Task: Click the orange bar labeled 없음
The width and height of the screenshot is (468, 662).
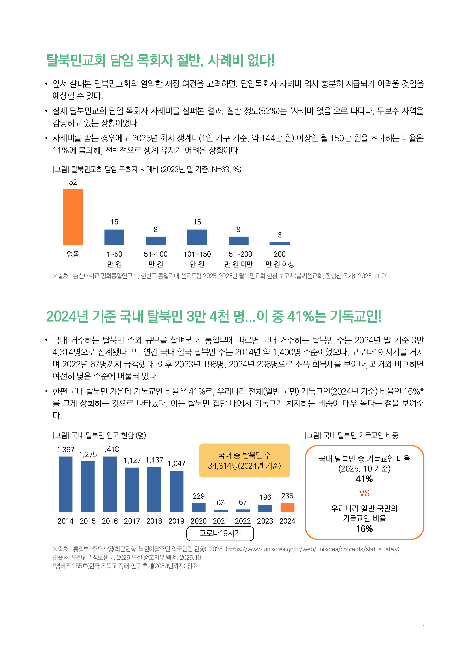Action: tap(73, 217)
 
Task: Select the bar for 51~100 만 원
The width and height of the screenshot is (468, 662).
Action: tap(156, 241)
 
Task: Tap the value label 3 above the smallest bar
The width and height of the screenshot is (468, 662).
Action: tap(279, 235)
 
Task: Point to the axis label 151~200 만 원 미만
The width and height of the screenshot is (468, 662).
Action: tap(238, 259)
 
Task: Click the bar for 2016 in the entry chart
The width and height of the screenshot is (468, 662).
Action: tap(110, 484)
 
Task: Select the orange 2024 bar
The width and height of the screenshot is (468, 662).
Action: tap(287, 507)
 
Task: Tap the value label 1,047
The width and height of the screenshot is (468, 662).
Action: tap(176, 464)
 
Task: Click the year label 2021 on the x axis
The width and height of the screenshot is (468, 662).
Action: tap(221, 521)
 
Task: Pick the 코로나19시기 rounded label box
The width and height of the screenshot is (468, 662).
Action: tap(220, 533)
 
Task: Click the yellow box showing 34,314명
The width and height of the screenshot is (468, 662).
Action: tap(244, 460)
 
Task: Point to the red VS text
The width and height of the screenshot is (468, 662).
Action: tap(364, 493)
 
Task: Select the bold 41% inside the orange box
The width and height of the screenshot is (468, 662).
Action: tap(364, 479)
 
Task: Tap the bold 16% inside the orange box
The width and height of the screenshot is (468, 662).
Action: tap(364, 529)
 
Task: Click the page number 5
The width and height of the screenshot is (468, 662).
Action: tap(424, 623)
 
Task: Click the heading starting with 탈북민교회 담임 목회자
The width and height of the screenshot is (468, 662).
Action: tap(160, 61)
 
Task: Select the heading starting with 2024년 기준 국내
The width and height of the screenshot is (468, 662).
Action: tap(214, 316)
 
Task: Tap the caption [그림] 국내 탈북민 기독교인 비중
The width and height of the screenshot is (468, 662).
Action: tap(352, 435)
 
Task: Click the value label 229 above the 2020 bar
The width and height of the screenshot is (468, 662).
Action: tap(199, 496)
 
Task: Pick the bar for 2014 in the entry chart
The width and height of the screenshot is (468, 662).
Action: tap(65, 484)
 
